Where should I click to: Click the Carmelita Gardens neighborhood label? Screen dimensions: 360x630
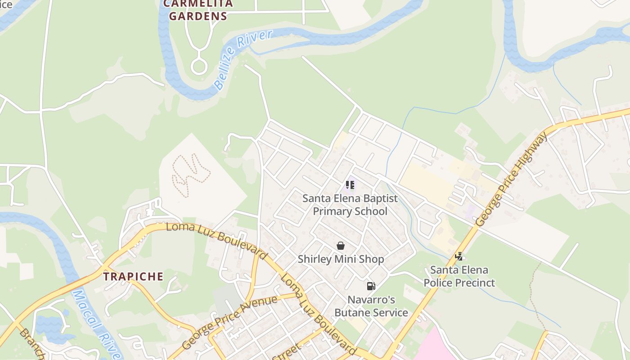[x=198, y=10]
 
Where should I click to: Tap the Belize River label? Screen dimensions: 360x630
[x=243, y=58]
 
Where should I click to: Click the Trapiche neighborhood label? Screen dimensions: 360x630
[x=134, y=276]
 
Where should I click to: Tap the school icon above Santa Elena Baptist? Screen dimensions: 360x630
[x=350, y=184]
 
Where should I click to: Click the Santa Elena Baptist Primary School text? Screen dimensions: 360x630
[x=350, y=205]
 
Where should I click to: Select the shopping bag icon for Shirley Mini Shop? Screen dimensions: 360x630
[x=341, y=246]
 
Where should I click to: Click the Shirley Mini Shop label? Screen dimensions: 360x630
[x=341, y=259]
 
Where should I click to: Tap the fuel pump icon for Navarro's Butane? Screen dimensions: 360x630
[x=371, y=286]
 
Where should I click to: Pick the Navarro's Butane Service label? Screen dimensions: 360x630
[x=371, y=306]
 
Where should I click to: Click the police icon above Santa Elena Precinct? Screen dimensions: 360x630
[x=459, y=256]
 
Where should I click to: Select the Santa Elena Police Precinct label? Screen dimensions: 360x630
[x=459, y=276]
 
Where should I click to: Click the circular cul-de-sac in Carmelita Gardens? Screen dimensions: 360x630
[x=198, y=67]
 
